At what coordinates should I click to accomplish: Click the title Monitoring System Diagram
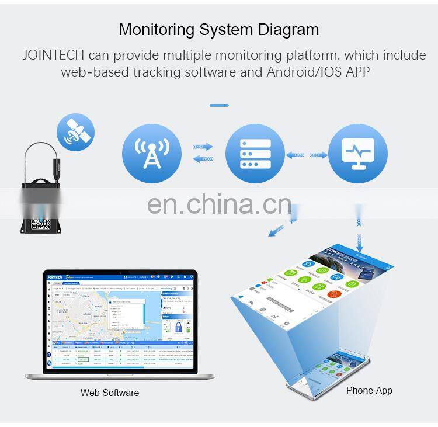218,30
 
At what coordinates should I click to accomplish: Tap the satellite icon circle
75,132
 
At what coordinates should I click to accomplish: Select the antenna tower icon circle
151,154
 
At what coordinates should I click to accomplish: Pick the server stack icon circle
255,154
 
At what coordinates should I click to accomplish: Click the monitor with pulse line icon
358,154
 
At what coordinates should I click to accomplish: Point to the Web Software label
110,393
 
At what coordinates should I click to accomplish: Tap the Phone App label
369,390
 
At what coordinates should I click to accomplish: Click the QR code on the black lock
41,224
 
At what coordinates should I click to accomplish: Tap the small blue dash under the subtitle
219,106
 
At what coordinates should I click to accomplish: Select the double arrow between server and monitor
307,155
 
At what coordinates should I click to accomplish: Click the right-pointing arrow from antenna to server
203,147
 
